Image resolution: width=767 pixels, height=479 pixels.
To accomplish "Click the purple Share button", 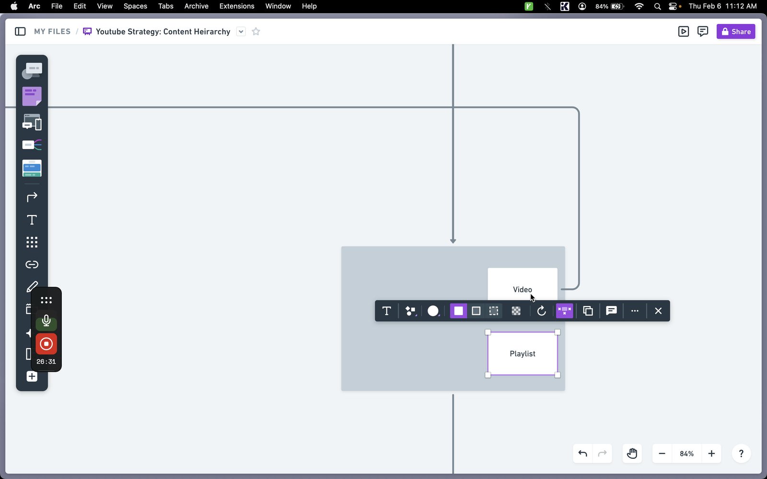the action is (x=735, y=32).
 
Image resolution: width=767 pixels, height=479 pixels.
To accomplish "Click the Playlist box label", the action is (x=522, y=354).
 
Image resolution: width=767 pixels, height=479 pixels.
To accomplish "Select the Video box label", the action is (x=522, y=289).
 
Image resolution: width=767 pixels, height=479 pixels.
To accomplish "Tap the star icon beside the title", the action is (x=256, y=32).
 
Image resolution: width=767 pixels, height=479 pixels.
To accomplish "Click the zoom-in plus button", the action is (x=711, y=453).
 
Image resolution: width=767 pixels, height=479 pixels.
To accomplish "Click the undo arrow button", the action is (x=582, y=453).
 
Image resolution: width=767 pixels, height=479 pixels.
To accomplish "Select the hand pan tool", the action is (x=632, y=453).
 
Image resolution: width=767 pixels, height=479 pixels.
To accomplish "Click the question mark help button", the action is (x=741, y=453).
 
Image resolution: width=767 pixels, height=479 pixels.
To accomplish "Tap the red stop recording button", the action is (x=46, y=344).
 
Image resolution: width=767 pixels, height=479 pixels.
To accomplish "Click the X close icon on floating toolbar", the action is (x=658, y=311).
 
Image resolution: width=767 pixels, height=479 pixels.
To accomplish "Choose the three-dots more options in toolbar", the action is (x=635, y=311).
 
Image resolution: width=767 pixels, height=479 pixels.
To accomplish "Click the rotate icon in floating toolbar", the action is (x=541, y=311).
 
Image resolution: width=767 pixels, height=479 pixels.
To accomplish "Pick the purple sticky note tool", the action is (x=32, y=96).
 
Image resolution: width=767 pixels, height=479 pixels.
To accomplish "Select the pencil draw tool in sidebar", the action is (x=32, y=287).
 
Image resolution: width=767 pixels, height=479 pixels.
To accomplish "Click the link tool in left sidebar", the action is (x=32, y=264).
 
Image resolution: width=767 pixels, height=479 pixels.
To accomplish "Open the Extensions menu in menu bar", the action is (x=237, y=6).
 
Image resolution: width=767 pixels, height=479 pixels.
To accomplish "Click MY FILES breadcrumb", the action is (x=52, y=32).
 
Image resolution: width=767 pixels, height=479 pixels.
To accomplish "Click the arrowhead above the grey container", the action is (x=453, y=241).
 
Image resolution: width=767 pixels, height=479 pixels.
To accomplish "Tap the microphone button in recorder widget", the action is (x=46, y=321).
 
